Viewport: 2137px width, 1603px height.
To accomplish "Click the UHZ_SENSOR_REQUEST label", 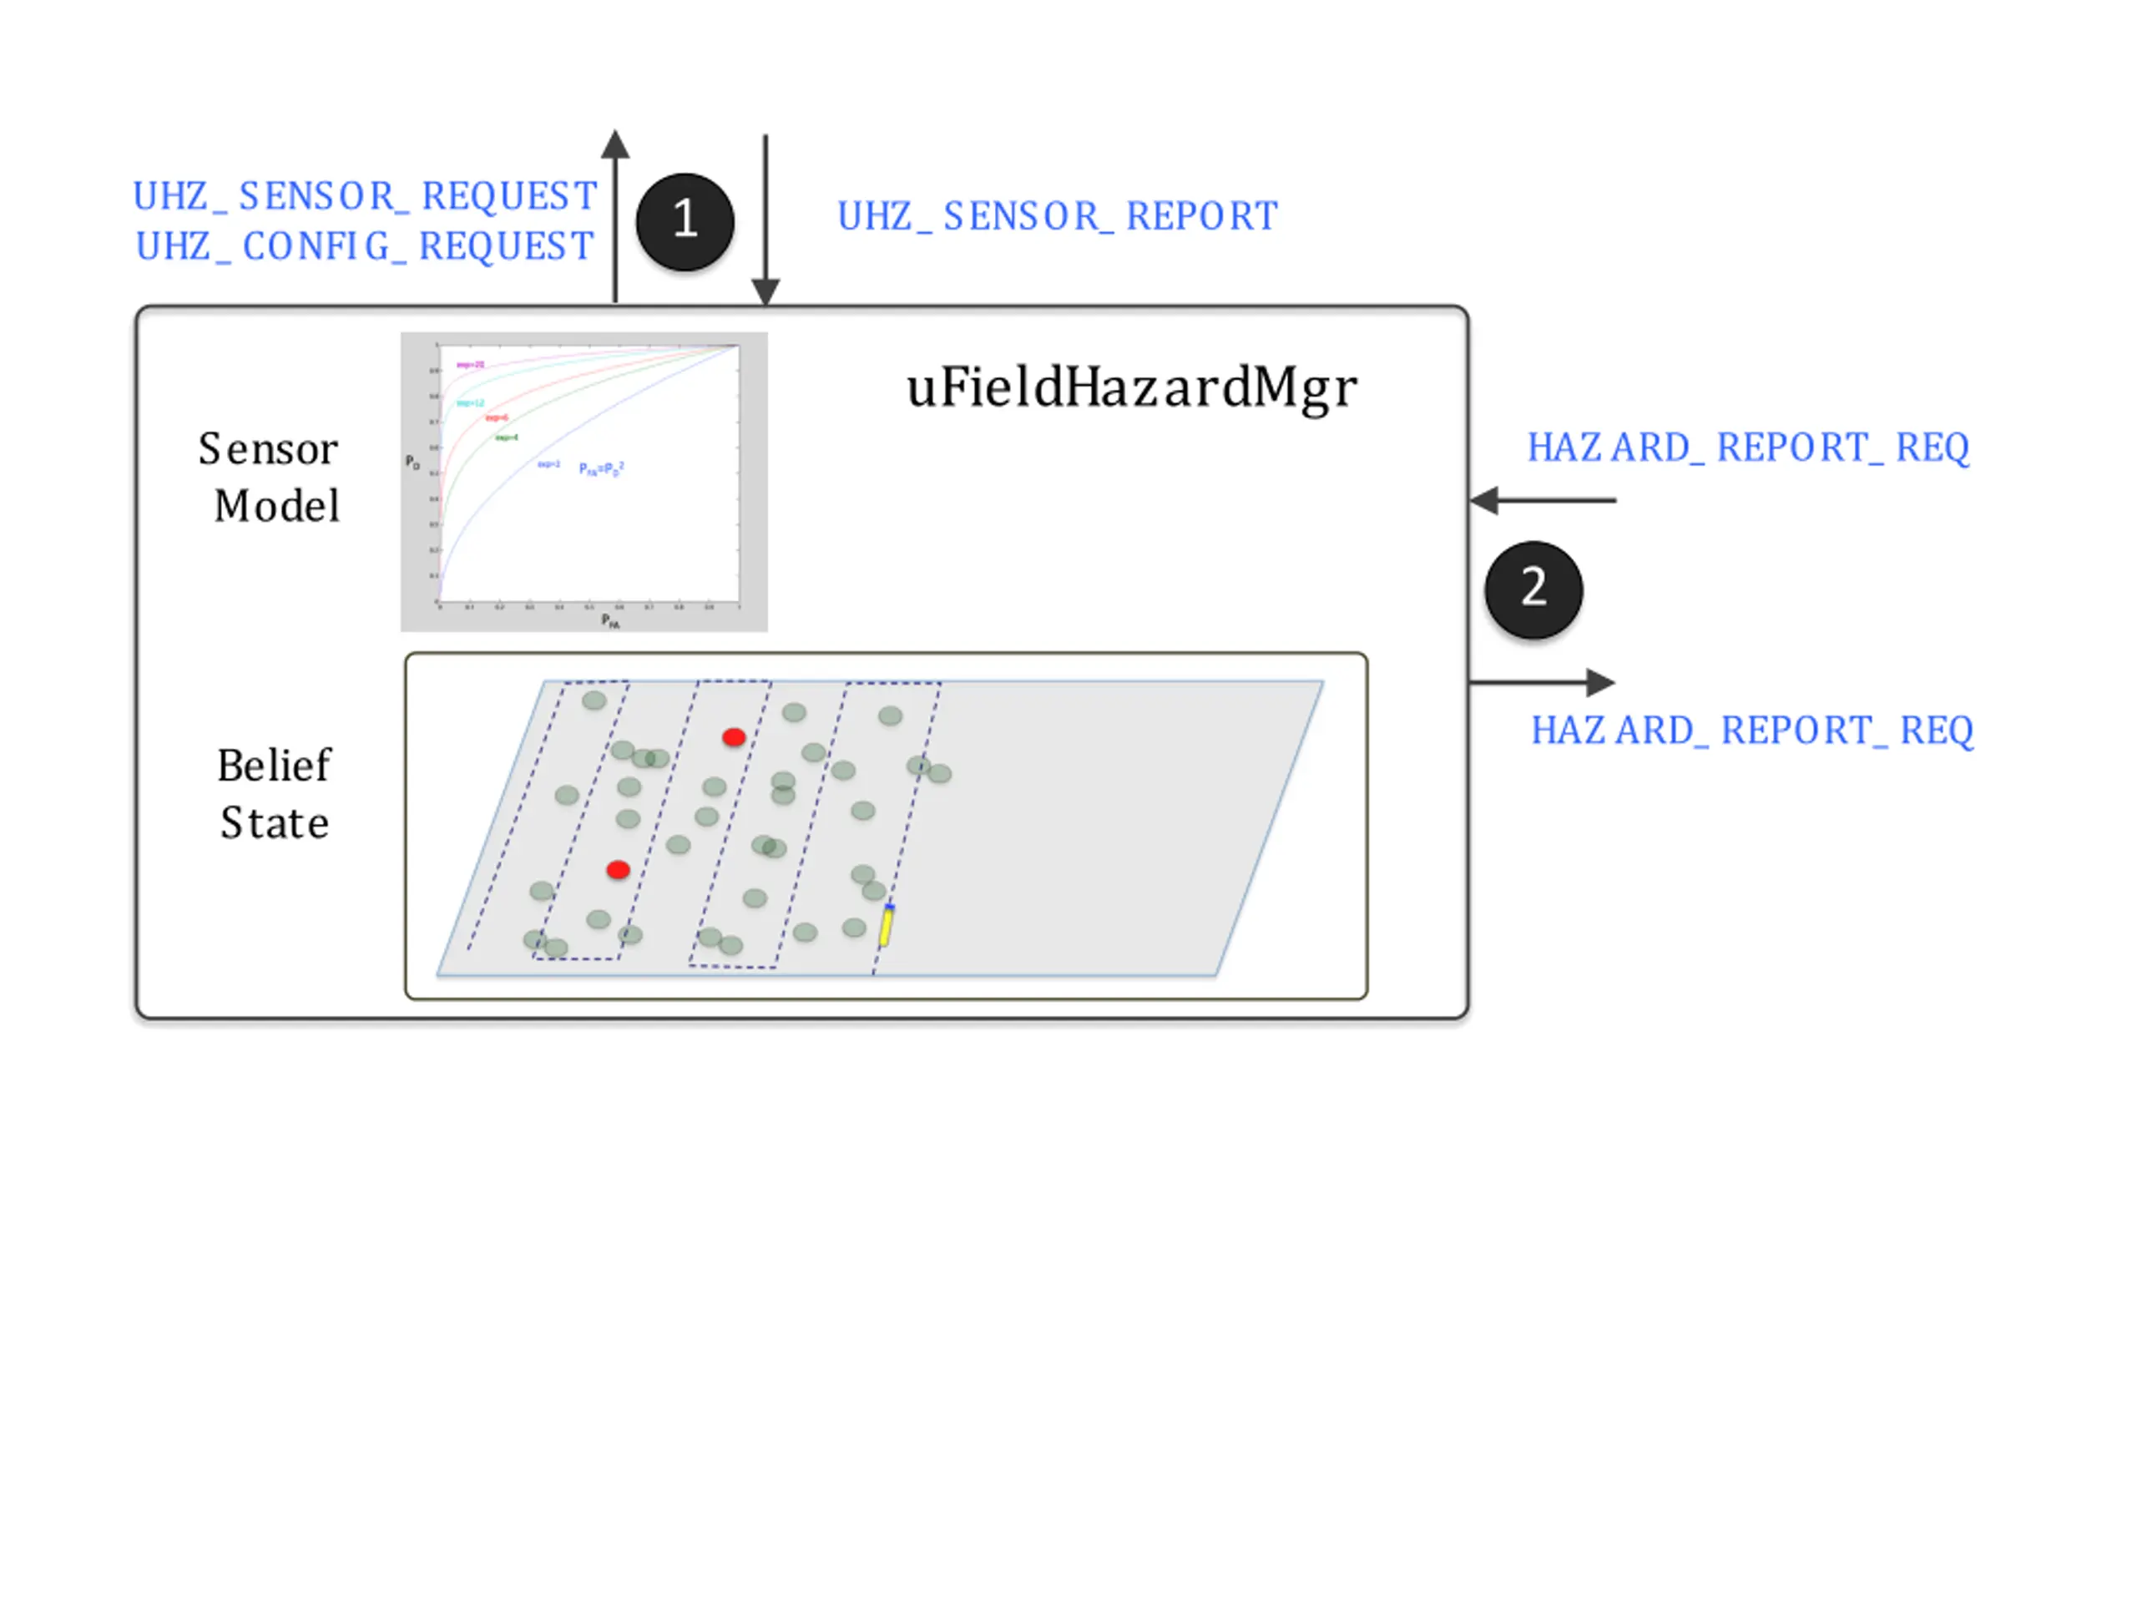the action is [x=365, y=196].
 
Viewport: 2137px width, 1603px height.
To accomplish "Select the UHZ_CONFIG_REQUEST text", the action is [x=365, y=246].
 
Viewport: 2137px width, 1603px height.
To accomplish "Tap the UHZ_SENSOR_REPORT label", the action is [x=1057, y=216].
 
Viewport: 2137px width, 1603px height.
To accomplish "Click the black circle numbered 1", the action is [x=685, y=221].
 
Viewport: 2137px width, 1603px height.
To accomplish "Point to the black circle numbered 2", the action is [x=1533, y=589].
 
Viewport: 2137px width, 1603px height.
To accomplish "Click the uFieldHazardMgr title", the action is [x=1131, y=388].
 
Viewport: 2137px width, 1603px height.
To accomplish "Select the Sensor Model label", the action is [x=270, y=478].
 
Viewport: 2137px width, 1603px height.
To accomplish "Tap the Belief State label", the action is [x=274, y=794].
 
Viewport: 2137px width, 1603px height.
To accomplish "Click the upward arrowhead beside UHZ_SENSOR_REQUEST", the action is [x=615, y=145].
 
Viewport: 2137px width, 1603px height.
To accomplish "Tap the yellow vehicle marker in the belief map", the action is [x=886, y=926].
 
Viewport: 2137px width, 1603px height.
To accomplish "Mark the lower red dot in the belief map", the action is [x=619, y=871].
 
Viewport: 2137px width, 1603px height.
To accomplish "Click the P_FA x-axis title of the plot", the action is [x=610, y=621].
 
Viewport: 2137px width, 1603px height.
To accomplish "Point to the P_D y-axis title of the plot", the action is [x=412, y=463].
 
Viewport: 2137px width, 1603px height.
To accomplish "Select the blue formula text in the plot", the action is [x=601, y=468].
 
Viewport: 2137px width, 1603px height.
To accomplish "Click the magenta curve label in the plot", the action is [x=471, y=365].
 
